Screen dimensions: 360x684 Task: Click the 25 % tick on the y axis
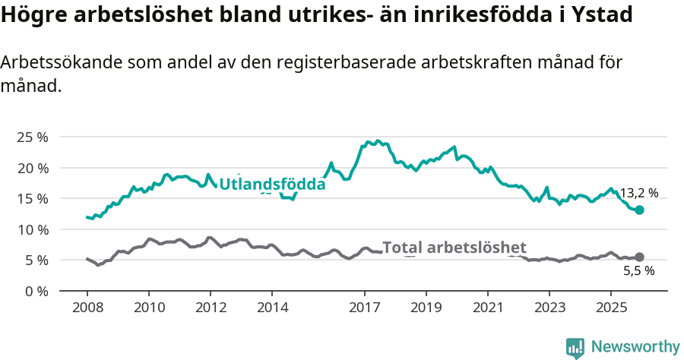[x=32, y=137]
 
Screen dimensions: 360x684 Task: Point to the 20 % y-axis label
[x=32, y=168]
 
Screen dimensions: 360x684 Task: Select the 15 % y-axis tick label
[x=32, y=198]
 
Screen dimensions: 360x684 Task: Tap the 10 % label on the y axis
[x=32, y=229]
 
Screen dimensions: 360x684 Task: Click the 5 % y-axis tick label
[x=35, y=260]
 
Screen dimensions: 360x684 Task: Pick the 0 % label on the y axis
[x=35, y=291]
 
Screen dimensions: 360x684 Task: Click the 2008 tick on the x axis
[x=87, y=308]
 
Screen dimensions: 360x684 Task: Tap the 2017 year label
[x=365, y=308]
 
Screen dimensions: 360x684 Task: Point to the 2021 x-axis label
[x=488, y=308]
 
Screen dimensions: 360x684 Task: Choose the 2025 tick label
[x=611, y=308]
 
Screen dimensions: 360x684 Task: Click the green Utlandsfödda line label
[x=272, y=184]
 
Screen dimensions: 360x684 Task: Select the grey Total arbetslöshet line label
[x=454, y=248]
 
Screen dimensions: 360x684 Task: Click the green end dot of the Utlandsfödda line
[x=640, y=210]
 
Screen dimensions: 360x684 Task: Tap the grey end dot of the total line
[x=640, y=257]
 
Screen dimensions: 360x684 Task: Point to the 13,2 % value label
[x=639, y=194]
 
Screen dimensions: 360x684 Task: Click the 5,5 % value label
[x=639, y=271]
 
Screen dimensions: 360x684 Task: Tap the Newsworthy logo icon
[x=575, y=347]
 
